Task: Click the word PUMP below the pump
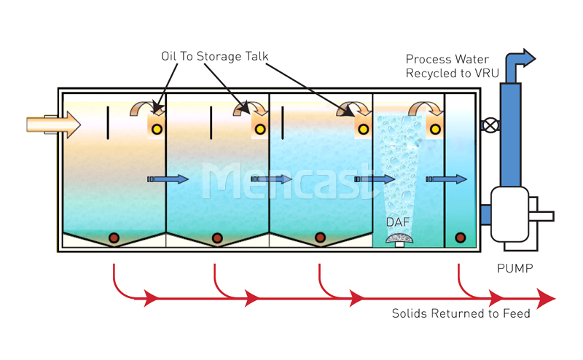tap(515, 268)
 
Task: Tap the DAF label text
tap(398, 222)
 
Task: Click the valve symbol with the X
tap(490, 125)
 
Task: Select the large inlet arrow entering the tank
tap(53, 125)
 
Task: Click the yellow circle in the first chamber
tap(157, 129)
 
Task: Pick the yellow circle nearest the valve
tap(435, 129)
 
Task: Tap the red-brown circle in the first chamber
tap(114, 238)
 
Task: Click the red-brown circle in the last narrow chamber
tap(461, 238)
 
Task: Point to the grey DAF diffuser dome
tap(399, 238)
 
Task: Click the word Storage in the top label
tap(219, 56)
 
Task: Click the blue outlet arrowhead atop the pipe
tap(527, 58)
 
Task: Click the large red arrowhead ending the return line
tap(546, 298)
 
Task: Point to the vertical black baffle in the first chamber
tap(108, 123)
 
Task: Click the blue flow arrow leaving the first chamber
tap(168, 179)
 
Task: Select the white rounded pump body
tap(509, 214)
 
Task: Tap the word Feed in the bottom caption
tap(517, 313)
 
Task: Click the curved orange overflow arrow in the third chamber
tap(353, 108)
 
